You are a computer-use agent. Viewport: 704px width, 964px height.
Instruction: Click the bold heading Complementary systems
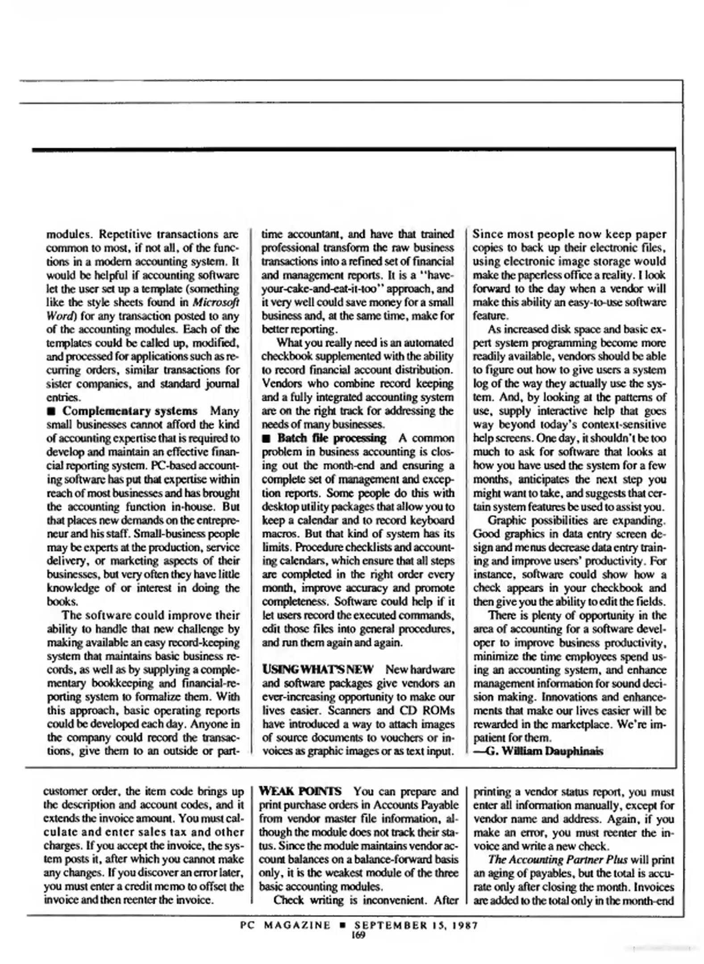coord(129,411)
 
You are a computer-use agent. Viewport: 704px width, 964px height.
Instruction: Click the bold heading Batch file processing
coord(331,438)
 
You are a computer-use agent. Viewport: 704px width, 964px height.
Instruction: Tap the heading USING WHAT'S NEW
coord(317,669)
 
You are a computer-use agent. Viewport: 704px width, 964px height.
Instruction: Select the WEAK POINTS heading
coord(300,791)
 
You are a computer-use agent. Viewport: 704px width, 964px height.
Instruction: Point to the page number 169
coord(358,935)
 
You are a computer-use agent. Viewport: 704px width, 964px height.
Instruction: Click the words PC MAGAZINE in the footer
coord(285,925)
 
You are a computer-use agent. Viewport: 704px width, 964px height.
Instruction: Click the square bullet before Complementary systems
coord(51,411)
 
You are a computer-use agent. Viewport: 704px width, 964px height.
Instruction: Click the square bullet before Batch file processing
coord(266,438)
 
